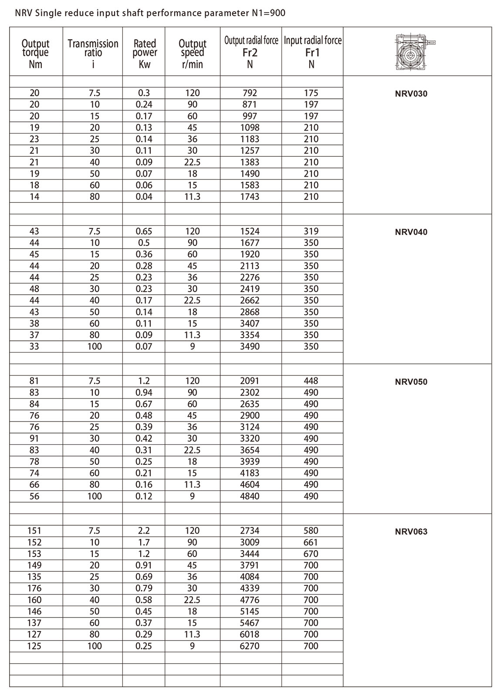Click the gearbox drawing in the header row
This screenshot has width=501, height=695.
(416, 52)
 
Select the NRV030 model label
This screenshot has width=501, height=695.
(411, 94)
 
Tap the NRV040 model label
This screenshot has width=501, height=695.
(411, 232)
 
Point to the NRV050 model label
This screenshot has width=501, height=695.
(411, 382)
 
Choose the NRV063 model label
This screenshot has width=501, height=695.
(411, 531)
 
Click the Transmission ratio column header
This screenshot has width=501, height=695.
(93, 53)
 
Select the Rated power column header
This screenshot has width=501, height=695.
(145, 53)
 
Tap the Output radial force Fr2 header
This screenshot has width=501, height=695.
(251, 52)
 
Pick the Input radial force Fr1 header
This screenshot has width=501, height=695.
(312, 52)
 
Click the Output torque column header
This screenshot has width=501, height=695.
(35, 53)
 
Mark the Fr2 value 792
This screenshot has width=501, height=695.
(250, 93)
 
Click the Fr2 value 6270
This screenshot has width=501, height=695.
(250, 646)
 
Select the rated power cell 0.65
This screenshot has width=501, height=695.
(144, 231)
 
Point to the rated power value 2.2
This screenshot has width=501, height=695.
(144, 530)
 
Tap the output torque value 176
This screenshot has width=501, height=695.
(34, 588)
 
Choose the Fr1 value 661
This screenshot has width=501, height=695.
(311, 542)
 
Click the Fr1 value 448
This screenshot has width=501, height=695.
(311, 381)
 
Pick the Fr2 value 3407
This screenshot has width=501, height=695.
(250, 323)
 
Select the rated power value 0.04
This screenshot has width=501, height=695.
(144, 196)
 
